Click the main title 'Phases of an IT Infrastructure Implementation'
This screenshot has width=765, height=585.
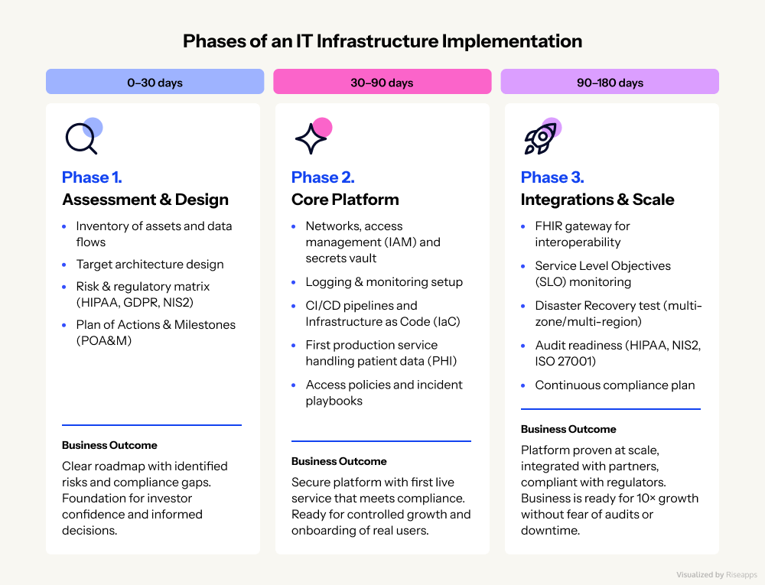click(x=382, y=41)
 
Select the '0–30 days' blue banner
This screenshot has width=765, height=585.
click(x=155, y=82)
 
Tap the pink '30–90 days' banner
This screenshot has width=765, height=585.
click(x=382, y=82)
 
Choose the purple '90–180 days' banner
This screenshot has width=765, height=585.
click(x=610, y=82)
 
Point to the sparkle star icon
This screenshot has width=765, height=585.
click(x=311, y=138)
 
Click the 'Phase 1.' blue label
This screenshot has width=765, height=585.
click(x=92, y=177)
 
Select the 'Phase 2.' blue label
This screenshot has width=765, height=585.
click(x=322, y=177)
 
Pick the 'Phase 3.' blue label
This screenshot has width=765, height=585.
click(x=552, y=177)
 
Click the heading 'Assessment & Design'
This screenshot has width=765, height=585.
click(x=145, y=200)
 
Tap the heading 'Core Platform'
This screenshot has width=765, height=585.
click(x=345, y=200)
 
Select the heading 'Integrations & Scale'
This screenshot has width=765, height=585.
click(x=597, y=200)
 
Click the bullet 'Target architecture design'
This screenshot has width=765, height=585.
click(x=150, y=265)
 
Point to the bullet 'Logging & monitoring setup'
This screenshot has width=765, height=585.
click(x=384, y=281)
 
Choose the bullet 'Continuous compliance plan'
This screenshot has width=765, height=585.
click(x=615, y=385)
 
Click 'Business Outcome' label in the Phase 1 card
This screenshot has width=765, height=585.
click(x=109, y=445)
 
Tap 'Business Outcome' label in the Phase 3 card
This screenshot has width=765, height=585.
click(x=568, y=429)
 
